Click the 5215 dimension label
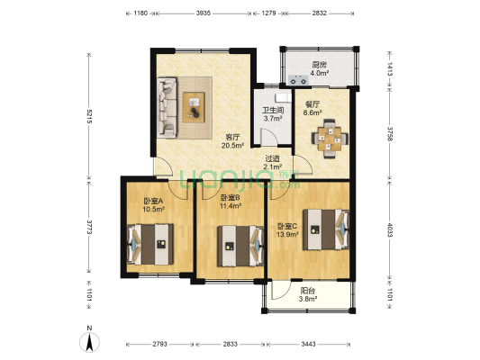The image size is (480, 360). tap(89, 116)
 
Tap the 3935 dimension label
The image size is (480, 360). tap(204, 13)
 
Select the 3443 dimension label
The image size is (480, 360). tap(308, 344)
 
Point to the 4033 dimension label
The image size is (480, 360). tap(390, 230)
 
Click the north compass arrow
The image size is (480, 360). tap(89, 342)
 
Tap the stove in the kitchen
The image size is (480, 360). tap(298, 80)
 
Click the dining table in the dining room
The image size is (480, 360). tap(330, 139)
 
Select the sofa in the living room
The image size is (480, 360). tap(168, 107)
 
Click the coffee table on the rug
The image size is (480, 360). tap(194, 107)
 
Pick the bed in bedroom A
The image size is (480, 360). tap(150, 244)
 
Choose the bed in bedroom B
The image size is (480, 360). tap(240, 247)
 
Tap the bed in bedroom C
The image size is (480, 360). tap(326, 229)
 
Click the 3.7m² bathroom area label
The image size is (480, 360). tap(273, 119)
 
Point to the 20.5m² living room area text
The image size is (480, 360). tap(232, 145)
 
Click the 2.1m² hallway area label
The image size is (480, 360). tap(273, 166)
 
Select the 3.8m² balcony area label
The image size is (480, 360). tap(308, 299)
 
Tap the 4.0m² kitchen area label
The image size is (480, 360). tap(320, 73)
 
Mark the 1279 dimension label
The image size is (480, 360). tap(269, 13)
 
